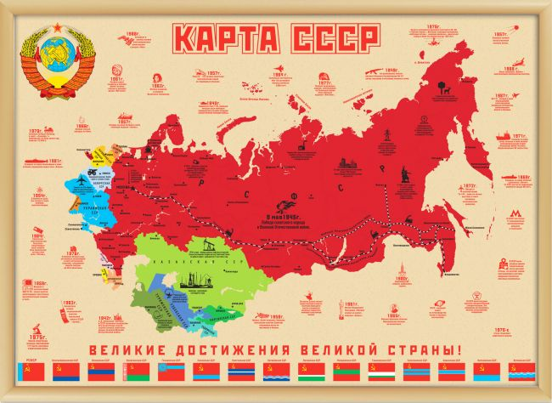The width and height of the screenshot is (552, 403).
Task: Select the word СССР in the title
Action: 329,37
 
